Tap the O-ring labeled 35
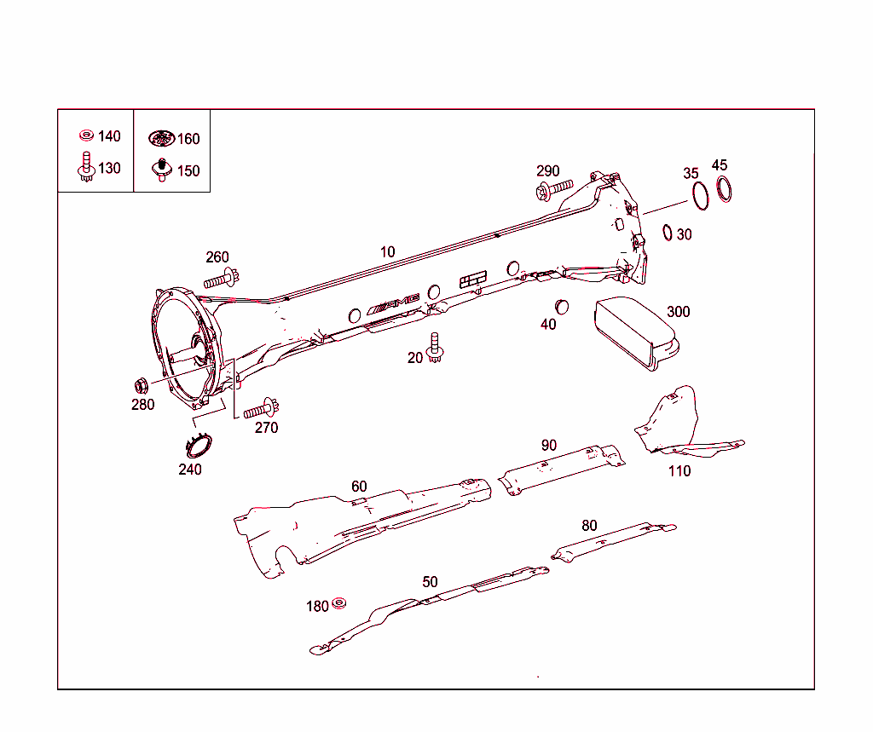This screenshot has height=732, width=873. pyautogui.click(x=701, y=195)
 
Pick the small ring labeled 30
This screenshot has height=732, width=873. pyautogui.click(x=668, y=232)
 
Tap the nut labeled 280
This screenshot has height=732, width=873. pyautogui.click(x=142, y=383)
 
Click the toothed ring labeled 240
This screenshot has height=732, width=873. pyautogui.click(x=199, y=447)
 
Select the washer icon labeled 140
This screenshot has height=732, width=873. pyautogui.click(x=86, y=135)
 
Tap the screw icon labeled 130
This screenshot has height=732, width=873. pyautogui.click(x=85, y=165)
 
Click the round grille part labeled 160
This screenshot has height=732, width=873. pyautogui.click(x=161, y=138)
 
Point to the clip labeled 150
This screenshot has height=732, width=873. pyautogui.click(x=162, y=169)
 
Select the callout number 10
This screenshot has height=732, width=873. pyautogui.click(x=388, y=252)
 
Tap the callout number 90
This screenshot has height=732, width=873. pyautogui.click(x=549, y=445)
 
